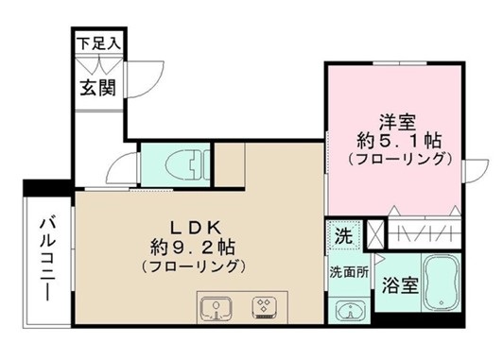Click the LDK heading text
(194, 227)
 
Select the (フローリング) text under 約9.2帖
(193, 266)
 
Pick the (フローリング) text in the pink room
(396, 159)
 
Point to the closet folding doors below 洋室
(425, 232)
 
